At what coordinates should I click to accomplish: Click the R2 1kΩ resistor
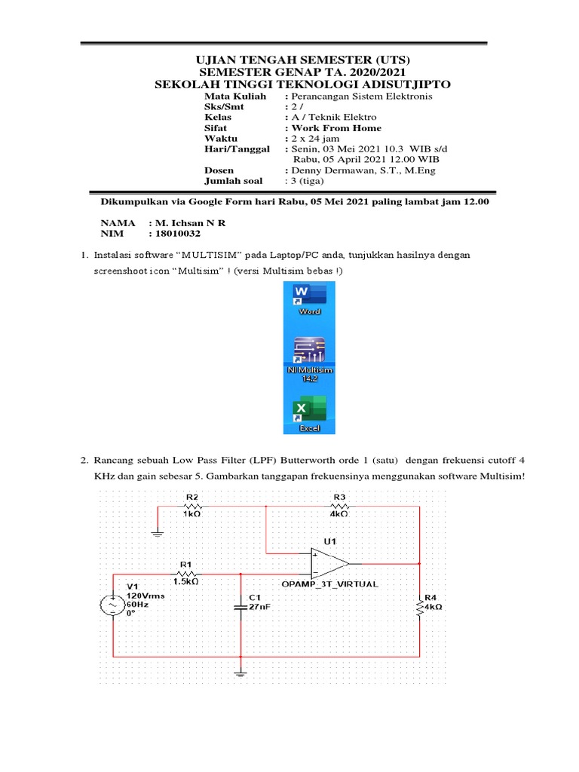[191, 507]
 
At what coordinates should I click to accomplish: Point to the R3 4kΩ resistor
[339, 507]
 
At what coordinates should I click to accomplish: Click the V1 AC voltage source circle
[113, 605]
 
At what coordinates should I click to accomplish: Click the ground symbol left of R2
[158, 532]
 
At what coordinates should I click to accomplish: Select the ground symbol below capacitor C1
[240, 672]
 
